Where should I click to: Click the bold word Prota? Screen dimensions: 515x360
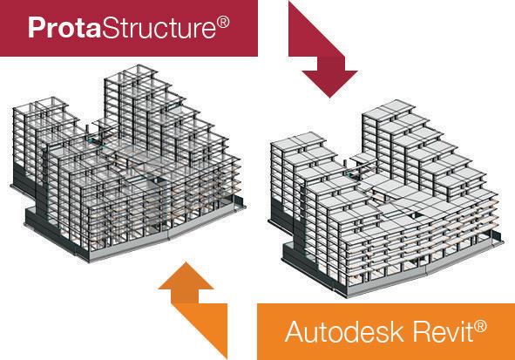[x=64, y=28]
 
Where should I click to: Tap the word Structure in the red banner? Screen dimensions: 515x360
[x=159, y=28]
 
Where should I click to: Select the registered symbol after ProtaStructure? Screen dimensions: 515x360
[x=223, y=23]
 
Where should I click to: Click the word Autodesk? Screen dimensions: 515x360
[x=344, y=332]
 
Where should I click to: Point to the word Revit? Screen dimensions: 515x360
[x=443, y=332]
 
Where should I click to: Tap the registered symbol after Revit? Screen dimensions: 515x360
[x=480, y=327]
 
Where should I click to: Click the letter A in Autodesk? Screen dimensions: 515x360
[x=295, y=332]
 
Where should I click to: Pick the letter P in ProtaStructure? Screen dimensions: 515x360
[x=36, y=28]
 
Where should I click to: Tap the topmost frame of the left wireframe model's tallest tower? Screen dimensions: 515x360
[x=132, y=74]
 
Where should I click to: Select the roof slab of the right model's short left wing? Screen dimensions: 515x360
[x=297, y=141]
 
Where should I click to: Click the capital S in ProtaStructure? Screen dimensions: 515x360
[x=110, y=28]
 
